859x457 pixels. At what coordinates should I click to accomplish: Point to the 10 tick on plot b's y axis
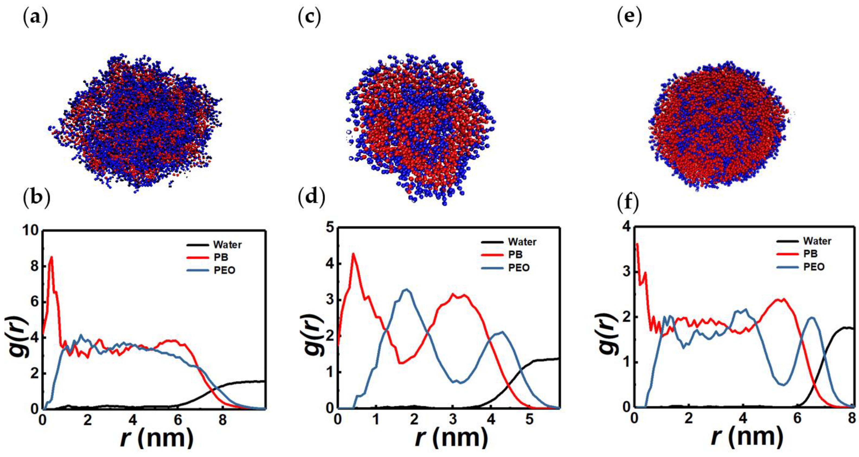[x=30, y=231]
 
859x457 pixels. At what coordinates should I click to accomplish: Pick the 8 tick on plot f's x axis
[x=851, y=417]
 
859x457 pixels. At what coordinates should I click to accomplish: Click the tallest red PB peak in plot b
[x=51, y=257]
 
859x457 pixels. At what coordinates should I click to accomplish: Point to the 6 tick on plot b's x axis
[x=178, y=419]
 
